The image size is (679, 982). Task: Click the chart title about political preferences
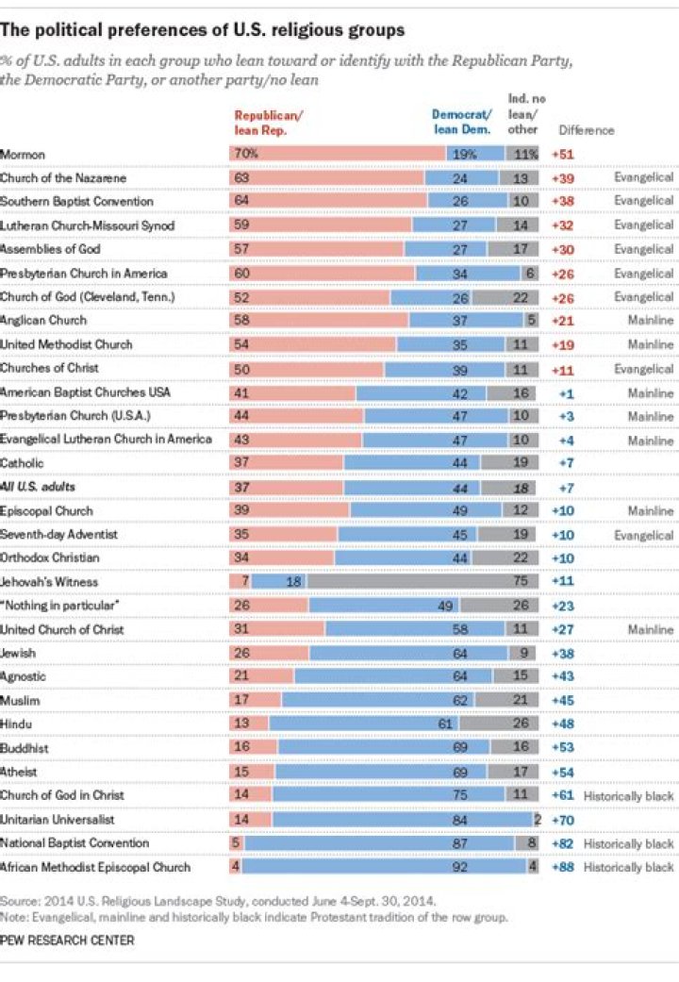(x=203, y=30)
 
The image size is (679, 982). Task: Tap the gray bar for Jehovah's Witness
(x=423, y=582)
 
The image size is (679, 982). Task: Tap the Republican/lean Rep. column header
(x=268, y=123)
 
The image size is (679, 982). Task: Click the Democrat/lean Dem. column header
(x=460, y=123)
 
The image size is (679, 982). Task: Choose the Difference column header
(x=587, y=130)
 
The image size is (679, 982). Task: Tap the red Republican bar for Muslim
(x=256, y=701)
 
